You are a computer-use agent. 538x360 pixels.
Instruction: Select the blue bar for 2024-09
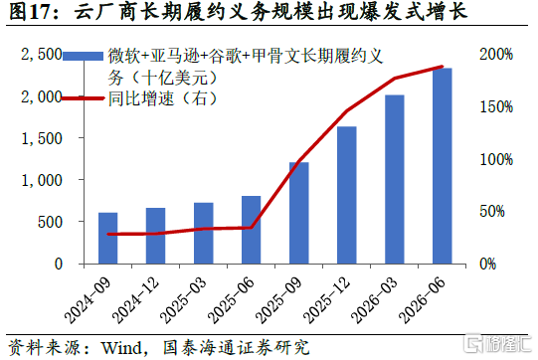point(108,238)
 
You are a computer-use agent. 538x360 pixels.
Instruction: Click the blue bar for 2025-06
point(252,230)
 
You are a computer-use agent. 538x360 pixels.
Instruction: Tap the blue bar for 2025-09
point(299,213)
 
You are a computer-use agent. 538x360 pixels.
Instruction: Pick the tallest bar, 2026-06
point(443,166)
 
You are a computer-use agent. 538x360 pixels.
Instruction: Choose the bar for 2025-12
point(346,195)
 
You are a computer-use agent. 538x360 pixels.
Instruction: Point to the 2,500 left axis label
point(42,55)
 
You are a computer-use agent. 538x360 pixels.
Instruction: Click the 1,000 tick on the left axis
point(42,180)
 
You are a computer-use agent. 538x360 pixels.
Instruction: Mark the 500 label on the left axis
point(50,222)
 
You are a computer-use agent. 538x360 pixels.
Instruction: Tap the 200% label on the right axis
point(496,55)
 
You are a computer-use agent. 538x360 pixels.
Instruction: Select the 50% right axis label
point(492,211)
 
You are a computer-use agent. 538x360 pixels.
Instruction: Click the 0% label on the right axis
point(488,264)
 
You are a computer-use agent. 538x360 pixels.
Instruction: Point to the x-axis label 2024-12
point(136,300)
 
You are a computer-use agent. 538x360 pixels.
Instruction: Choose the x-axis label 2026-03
point(374,300)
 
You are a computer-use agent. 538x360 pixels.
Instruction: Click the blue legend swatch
point(83,57)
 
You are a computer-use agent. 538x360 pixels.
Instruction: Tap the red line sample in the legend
point(83,98)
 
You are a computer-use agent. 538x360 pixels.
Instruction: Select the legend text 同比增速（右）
point(163,98)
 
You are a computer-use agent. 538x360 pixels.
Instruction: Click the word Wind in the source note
point(121,348)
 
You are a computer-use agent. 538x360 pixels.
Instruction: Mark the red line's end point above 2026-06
point(443,67)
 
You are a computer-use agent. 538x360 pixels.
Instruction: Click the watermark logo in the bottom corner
point(497,343)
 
